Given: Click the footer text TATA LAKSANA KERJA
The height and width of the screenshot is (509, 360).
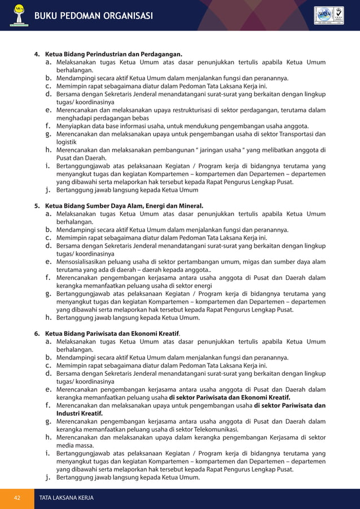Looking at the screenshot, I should coord(65,498).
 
